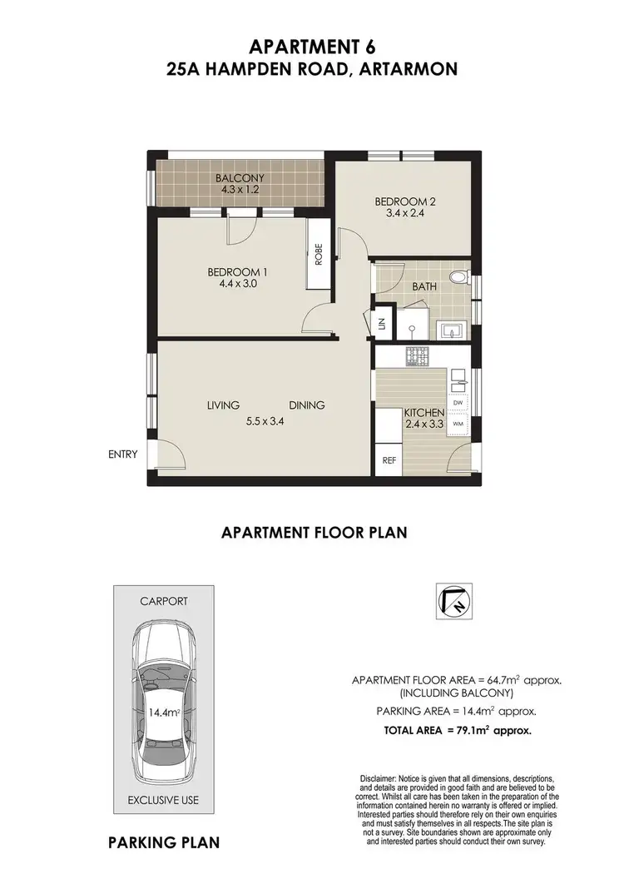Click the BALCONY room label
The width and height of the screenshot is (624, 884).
[240, 178]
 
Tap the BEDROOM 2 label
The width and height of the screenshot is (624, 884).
[405, 201]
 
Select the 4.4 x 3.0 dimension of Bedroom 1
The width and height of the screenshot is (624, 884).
[237, 283]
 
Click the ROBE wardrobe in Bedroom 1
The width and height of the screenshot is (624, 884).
[319, 253]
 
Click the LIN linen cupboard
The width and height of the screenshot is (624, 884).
[383, 325]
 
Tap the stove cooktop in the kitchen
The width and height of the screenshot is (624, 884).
[417, 355]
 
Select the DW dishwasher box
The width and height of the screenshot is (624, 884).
[458, 403]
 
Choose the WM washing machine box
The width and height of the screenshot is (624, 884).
[458, 423]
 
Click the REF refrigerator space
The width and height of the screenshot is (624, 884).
[388, 459]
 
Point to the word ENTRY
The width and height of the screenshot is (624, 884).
[122, 454]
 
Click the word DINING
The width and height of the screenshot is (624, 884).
[306, 405]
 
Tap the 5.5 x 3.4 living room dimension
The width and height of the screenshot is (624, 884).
[263, 422]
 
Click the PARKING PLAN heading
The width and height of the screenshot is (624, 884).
[164, 842]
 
